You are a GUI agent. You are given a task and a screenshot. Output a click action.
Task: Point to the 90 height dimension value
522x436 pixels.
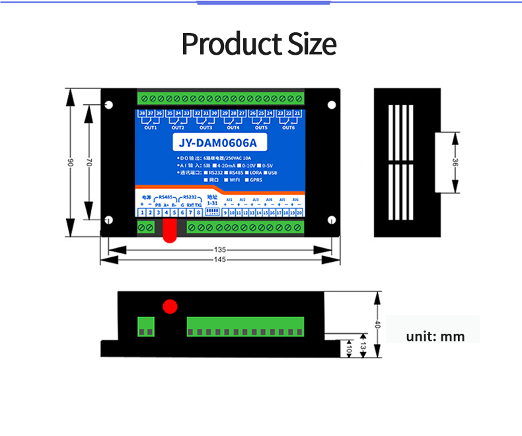[x=70, y=162]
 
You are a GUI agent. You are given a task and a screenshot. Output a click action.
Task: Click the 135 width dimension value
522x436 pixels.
[x=221, y=250]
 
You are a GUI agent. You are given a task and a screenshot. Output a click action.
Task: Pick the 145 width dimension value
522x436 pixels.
[x=221, y=260]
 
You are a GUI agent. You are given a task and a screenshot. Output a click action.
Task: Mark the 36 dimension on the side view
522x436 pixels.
[x=455, y=162]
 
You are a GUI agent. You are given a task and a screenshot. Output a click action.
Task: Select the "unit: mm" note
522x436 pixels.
[x=435, y=336]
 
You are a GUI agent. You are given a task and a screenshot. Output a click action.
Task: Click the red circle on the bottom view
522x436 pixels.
[x=170, y=306]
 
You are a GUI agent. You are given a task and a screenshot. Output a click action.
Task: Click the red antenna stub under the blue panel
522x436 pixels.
[x=170, y=228]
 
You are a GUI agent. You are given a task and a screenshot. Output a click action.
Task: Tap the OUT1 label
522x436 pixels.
[x=151, y=127]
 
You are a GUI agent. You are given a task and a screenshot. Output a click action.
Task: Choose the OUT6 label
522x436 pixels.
[x=289, y=127]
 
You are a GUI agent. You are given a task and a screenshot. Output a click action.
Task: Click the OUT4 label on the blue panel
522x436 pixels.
[x=233, y=127]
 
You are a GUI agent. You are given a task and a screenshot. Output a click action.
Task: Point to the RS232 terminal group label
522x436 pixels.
[x=190, y=197]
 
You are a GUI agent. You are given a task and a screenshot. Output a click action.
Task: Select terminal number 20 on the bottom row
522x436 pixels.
[x=300, y=212]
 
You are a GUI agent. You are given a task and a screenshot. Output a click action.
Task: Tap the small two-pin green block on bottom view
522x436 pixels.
[x=147, y=327]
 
